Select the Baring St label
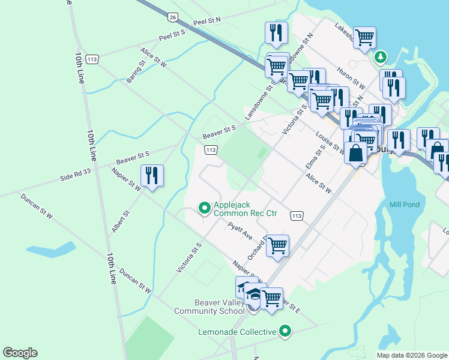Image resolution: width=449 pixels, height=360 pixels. click(136, 71)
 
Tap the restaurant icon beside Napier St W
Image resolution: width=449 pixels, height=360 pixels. click(152, 175)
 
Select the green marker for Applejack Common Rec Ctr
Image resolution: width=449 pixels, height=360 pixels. click(205, 208)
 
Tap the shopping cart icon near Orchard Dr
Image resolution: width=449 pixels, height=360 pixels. click(277, 245)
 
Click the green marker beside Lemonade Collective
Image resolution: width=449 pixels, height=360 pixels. click(286, 331)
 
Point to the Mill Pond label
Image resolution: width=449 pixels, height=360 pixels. click(404, 205)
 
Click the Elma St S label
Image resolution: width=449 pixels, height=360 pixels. click(315, 156)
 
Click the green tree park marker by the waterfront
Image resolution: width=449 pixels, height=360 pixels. click(379, 58)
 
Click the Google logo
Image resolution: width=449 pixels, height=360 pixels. click(20, 353)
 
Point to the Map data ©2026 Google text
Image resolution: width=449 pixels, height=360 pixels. click(411, 355)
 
